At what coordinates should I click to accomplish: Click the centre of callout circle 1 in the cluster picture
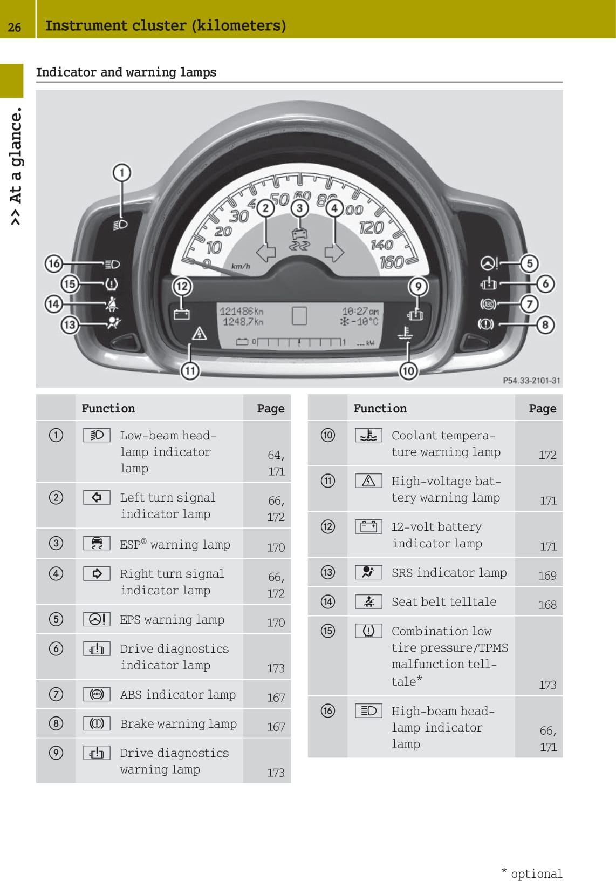click(122, 173)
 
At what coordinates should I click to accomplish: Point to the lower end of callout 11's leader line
click(190, 362)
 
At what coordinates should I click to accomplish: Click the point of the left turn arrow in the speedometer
click(256, 252)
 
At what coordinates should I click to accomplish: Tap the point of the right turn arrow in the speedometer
click(344, 252)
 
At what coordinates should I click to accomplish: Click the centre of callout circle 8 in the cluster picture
click(545, 325)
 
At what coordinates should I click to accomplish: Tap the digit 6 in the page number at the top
click(17, 27)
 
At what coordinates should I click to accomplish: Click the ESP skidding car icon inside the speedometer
click(299, 239)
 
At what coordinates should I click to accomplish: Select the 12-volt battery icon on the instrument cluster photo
click(182, 314)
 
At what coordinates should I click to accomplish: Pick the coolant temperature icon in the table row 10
click(368, 435)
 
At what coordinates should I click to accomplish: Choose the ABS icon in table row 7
click(97, 694)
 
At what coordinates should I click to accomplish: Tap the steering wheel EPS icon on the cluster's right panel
click(489, 263)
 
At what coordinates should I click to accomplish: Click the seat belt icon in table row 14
click(368, 601)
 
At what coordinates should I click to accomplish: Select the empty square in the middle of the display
click(299, 316)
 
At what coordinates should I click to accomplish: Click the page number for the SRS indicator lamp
click(547, 576)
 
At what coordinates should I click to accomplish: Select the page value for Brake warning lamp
click(276, 727)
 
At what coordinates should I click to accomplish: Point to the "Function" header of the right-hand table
click(380, 408)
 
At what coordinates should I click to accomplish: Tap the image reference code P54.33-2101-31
click(531, 381)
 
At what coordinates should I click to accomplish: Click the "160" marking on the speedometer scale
click(392, 262)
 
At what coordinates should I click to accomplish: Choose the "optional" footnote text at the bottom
click(536, 874)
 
